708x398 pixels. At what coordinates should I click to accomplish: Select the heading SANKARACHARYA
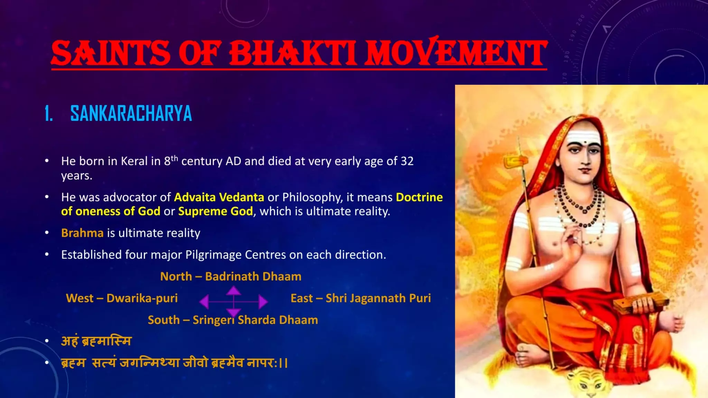(131, 114)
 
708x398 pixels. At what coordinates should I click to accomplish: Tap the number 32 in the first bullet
(407, 161)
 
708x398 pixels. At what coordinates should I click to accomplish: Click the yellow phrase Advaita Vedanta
(219, 197)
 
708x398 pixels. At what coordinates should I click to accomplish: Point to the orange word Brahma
(82, 233)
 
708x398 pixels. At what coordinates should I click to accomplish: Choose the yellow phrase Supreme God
(215, 211)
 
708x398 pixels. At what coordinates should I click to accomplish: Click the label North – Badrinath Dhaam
(231, 276)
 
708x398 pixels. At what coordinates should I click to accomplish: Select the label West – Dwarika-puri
(122, 298)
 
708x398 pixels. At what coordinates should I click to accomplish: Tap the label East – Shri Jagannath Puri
(361, 298)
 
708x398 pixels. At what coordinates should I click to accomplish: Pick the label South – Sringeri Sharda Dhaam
(233, 320)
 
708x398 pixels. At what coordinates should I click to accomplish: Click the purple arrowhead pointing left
(204, 302)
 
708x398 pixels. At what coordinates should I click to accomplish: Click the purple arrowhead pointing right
(263, 302)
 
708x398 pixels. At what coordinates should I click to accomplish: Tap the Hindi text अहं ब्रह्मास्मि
(96, 341)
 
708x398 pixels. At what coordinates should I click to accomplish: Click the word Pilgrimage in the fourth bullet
(213, 255)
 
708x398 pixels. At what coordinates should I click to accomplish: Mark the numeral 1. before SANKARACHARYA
(49, 114)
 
